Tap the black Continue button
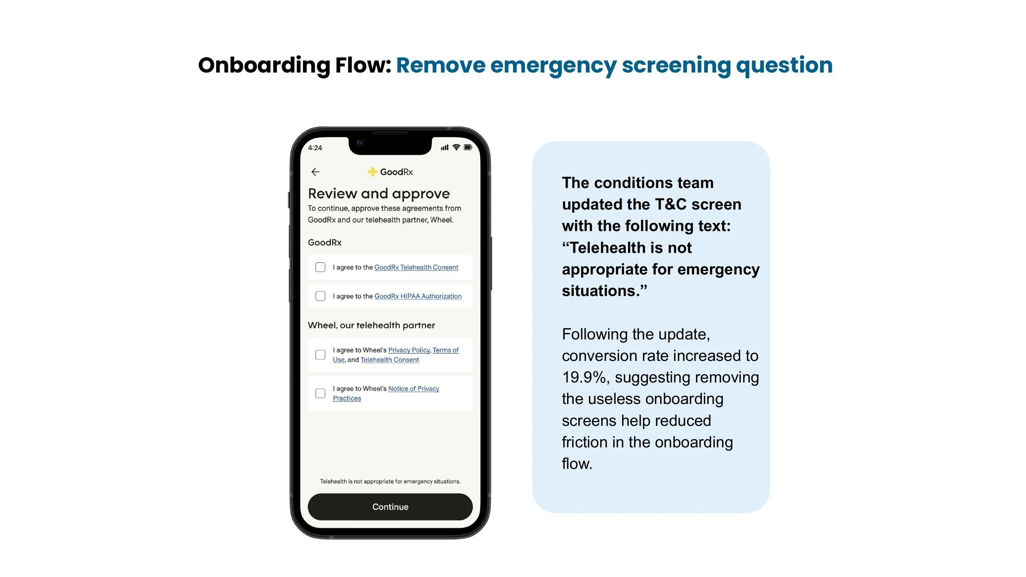390,507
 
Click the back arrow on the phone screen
315,172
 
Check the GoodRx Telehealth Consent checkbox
320,267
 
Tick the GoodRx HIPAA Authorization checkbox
320,296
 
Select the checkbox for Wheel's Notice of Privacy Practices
320,393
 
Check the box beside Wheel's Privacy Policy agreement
320,355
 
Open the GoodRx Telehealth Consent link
416,267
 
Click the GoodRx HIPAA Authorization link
418,296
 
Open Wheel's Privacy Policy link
409,350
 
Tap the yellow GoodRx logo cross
372,172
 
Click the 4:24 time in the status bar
315,148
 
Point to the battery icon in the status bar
468,147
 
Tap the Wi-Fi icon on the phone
456,147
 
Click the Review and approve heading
379,194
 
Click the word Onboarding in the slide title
264,66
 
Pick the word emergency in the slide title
553,66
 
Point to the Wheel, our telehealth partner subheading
371,325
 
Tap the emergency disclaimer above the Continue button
390,481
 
